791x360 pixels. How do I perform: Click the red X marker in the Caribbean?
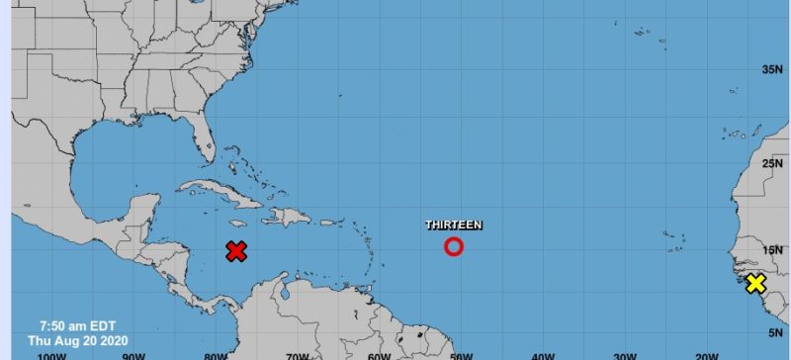pyautogui.click(x=235, y=251)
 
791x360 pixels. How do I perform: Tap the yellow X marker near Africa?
pyautogui.click(x=755, y=284)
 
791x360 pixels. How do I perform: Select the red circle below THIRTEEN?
pyautogui.click(x=454, y=246)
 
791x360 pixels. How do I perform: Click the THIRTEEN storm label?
pyautogui.click(x=454, y=225)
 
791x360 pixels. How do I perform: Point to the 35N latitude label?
pyautogui.click(x=771, y=69)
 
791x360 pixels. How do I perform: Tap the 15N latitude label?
pyautogui.click(x=771, y=250)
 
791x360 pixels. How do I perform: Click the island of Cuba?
pyautogui.click(x=214, y=189)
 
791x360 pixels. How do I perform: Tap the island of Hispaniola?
pyautogui.click(x=288, y=217)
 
